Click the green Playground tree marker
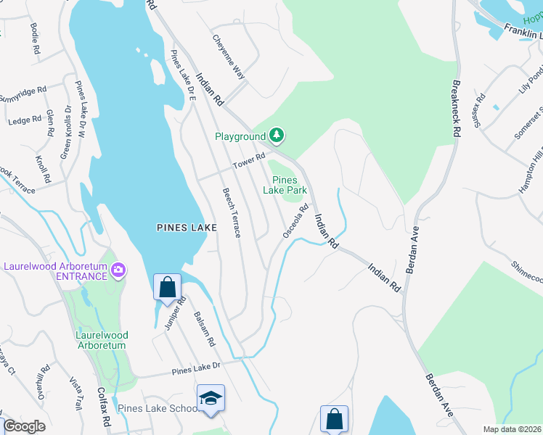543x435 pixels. (276, 135)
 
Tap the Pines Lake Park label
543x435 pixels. (289, 185)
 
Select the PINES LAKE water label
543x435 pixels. (187, 228)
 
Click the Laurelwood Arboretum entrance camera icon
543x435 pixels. (118, 271)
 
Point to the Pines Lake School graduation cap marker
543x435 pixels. (211, 399)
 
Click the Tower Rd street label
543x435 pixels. (250, 162)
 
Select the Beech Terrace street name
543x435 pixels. (231, 212)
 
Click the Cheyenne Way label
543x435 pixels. (229, 57)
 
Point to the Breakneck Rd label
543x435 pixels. (456, 109)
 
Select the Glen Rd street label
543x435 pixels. (49, 124)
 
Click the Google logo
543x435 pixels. (24, 426)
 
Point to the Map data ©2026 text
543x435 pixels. (513, 429)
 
